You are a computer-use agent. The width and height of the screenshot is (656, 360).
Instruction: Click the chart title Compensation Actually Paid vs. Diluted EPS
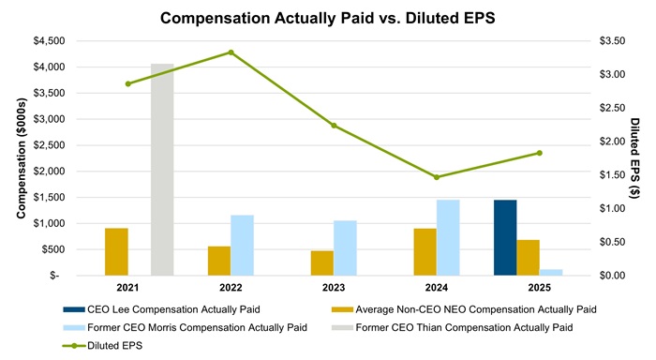[x=328, y=19]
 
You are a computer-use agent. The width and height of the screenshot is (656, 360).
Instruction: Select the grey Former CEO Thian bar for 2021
[x=162, y=170]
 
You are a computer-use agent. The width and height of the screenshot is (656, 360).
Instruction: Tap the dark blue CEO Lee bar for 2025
[x=505, y=238]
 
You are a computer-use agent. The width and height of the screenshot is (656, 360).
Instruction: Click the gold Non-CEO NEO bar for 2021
[x=116, y=251]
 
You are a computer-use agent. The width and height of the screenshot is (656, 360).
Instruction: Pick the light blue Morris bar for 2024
[x=448, y=238]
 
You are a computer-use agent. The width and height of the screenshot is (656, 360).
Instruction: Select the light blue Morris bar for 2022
[x=242, y=246]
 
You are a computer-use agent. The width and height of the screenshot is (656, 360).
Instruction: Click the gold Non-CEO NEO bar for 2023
[x=322, y=263]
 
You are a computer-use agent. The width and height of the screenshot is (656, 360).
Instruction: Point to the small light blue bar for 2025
[x=551, y=273]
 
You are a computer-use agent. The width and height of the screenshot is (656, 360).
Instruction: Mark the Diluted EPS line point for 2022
[x=231, y=52]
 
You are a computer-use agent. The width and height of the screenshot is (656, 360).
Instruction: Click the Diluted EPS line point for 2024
[x=437, y=177]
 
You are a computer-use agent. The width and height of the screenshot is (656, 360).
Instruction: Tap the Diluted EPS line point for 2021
[x=128, y=83]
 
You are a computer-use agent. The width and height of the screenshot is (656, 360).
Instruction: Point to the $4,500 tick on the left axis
[x=49, y=41]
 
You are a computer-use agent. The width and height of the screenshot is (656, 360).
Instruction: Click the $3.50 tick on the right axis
[x=612, y=40]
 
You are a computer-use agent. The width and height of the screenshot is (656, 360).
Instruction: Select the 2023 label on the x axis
[x=334, y=288]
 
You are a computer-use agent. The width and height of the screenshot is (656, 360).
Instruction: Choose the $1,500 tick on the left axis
[x=49, y=197]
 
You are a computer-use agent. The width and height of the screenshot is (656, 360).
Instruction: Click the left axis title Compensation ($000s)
[x=22, y=158]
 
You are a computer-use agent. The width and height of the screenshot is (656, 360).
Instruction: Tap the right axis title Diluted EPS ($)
[x=634, y=158]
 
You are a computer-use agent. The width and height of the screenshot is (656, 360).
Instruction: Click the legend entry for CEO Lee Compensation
[x=161, y=309]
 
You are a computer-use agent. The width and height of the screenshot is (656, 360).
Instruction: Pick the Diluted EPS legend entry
[x=102, y=346]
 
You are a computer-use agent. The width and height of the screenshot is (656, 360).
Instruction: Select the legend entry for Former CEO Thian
[x=453, y=328]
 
